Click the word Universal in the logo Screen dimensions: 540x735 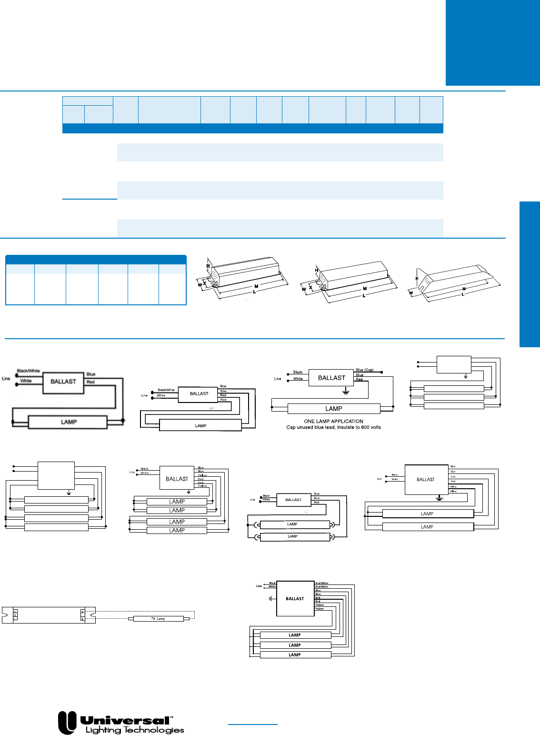tap(125, 720)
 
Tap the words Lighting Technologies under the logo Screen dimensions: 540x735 tap(135, 730)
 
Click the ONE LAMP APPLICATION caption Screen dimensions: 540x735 tap(333, 421)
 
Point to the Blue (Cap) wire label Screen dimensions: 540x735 tap(364, 370)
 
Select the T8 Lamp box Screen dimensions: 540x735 tap(158, 619)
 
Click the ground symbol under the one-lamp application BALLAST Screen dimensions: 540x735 tap(346, 392)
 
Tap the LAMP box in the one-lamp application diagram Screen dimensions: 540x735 tap(334, 409)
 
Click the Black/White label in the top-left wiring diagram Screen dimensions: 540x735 tap(28, 371)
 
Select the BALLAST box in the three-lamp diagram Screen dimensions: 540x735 tap(295, 599)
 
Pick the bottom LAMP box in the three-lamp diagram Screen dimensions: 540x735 tap(295, 655)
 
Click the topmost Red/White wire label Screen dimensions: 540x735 tap(322, 583)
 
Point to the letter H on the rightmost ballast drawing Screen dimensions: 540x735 tap(417, 279)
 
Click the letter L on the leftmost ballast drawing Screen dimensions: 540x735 tap(254, 292)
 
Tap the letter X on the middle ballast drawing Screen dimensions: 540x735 tap(310, 288)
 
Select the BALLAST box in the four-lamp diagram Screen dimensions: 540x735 tap(177, 479)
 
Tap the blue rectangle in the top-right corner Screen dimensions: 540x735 tap(492, 43)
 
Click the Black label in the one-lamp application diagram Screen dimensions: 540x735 tap(298, 372)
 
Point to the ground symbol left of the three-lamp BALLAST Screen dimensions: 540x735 tap(270, 598)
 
